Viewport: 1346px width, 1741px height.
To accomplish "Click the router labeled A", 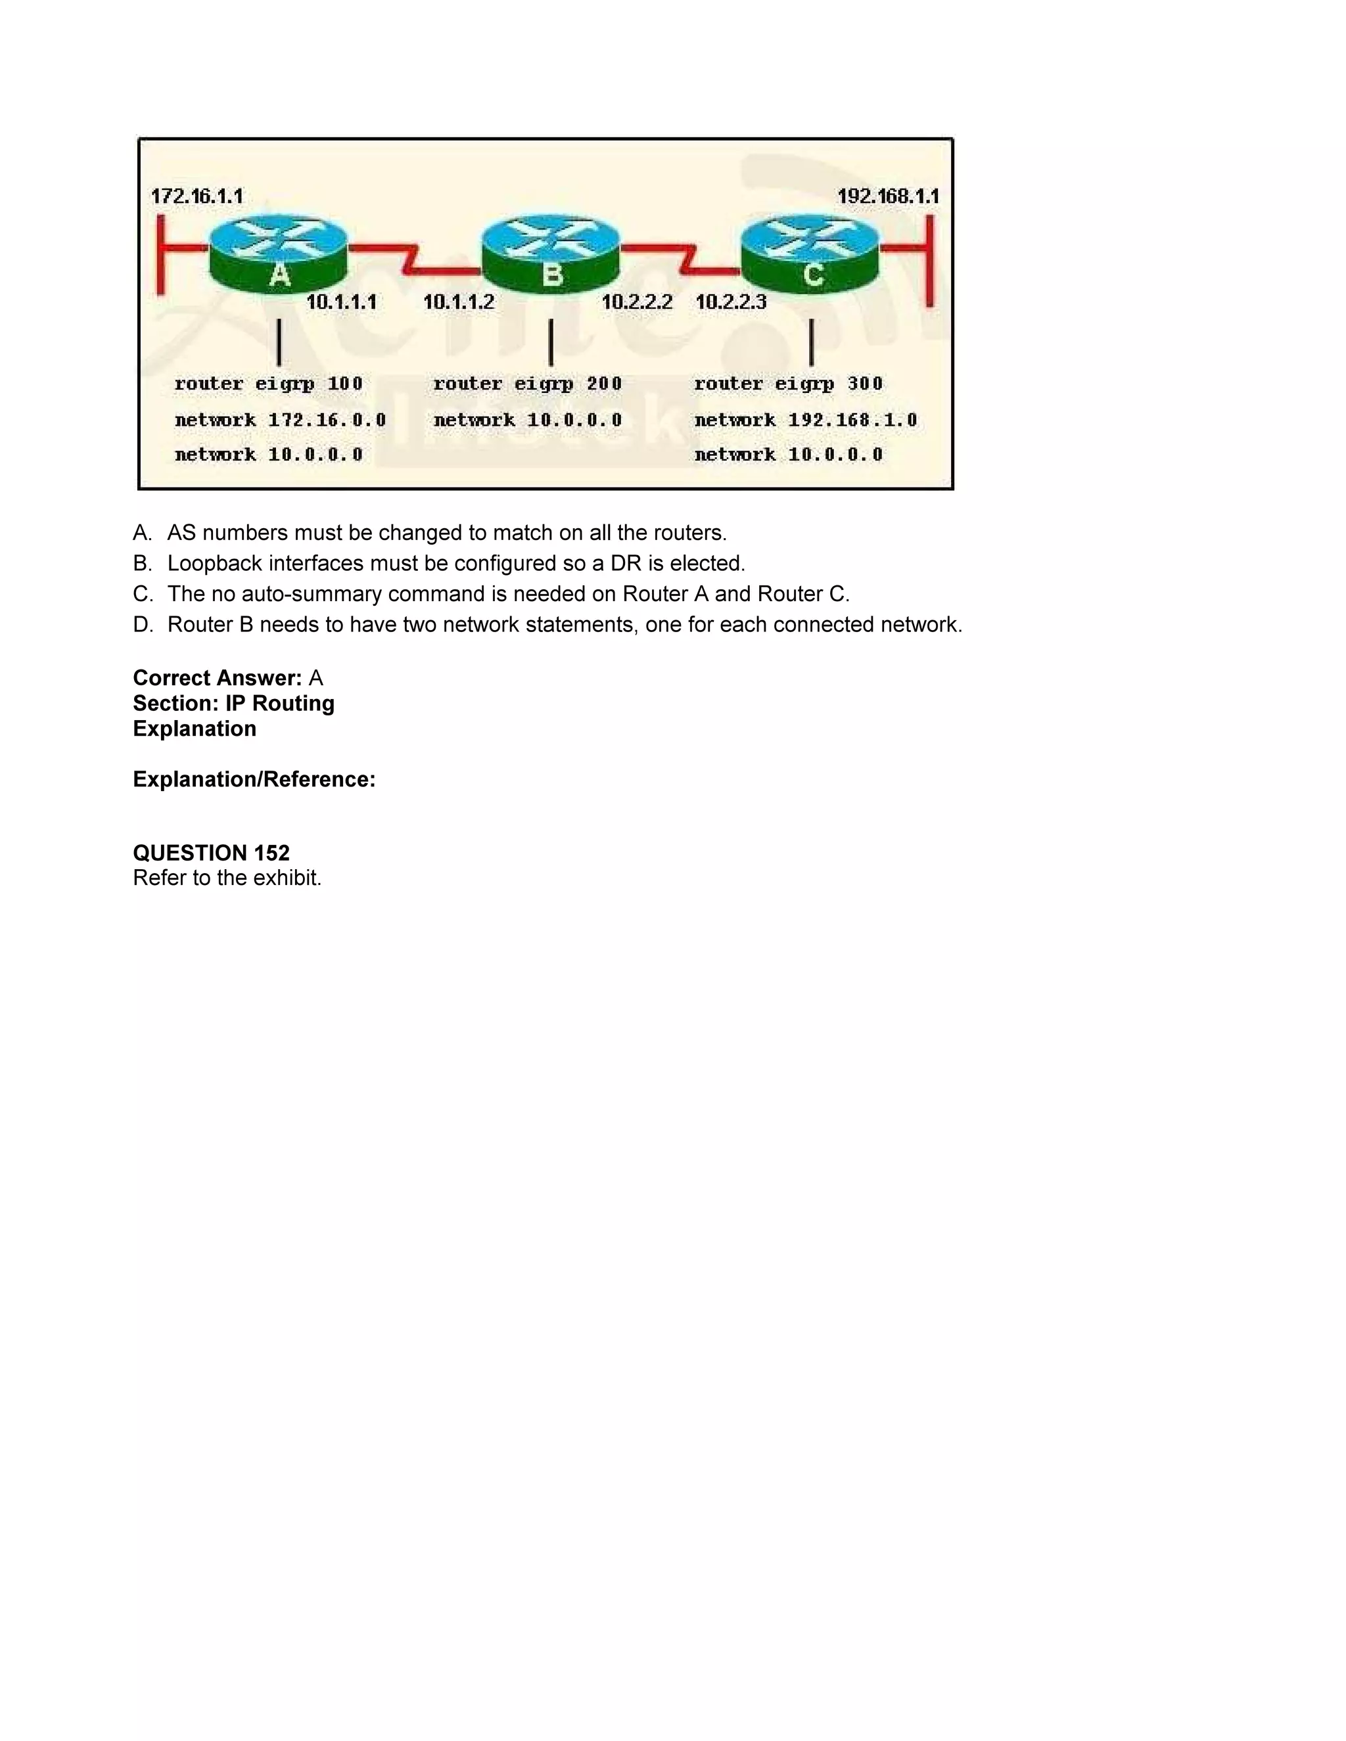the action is pyautogui.click(x=278, y=253).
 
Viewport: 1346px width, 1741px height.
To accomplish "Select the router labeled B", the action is pyautogui.click(x=551, y=253).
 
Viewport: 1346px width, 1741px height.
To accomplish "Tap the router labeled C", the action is pyautogui.click(x=810, y=253).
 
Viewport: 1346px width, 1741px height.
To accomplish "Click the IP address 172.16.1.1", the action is pyautogui.click(x=197, y=196).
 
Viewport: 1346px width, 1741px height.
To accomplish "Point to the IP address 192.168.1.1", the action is pyautogui.click(x=887, y=196).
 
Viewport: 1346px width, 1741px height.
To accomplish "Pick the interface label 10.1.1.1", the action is pyautogui.click(x=341, y=302).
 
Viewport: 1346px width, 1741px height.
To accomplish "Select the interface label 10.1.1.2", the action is pyautogui.click(x=459, y=302).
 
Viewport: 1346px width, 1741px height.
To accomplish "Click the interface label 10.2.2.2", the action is pyautogui.click(x=637, y=302).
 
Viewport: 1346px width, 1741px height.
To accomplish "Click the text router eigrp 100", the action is pyautogui.click(x=269, y=384).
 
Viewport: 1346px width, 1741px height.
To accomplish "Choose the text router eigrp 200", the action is pyautogui.click(x=527, y=384).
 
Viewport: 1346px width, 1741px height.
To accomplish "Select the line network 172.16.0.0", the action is pyautogui.click(x=280, y=420).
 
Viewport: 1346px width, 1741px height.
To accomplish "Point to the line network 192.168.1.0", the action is pyautogui.click(x=805, y=420).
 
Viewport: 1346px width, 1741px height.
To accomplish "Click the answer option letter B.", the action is pyautogui.click(x=142, y=564).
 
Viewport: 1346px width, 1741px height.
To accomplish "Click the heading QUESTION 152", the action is pyautogui.click(x=212, y=853).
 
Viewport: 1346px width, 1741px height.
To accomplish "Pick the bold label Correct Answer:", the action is pyautogui.click(x=217, y=679).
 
